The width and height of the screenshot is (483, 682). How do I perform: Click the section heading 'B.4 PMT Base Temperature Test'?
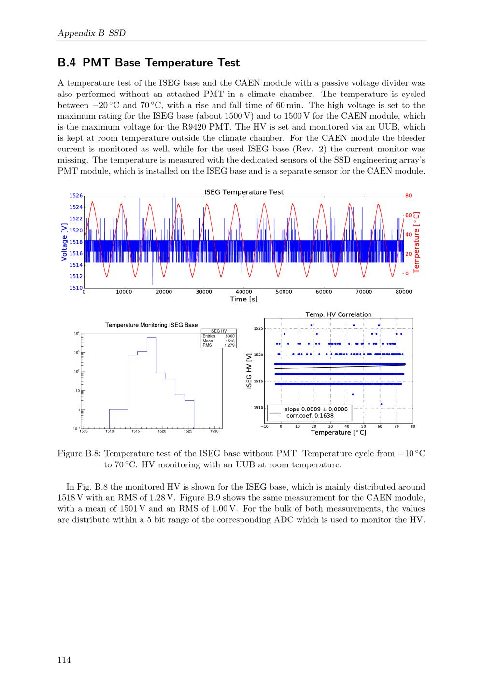pos(148,62)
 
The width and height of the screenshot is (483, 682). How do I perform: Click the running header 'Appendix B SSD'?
pos(92,33)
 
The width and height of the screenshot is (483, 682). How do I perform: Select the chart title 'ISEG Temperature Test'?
pos(243,192)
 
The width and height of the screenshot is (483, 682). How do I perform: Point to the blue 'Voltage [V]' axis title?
pos(64,242)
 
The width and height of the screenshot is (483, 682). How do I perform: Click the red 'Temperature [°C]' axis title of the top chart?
pos(416,242)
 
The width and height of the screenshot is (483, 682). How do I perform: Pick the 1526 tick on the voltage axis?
pos(76,196)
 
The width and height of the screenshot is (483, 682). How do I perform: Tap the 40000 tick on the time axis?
pos(243,292)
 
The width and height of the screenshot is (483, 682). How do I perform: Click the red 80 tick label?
pos(408,196)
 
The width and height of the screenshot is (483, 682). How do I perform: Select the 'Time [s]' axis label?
pos(243,299)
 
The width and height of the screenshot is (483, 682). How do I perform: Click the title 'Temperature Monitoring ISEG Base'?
pos(152,325)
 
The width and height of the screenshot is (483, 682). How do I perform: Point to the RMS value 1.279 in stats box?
pos(229,345)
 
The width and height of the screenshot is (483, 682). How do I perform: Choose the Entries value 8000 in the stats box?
pos(230,336)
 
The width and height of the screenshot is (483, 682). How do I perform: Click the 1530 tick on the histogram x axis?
pos(214,431)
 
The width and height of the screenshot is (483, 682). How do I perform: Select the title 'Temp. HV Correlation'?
pos(339,314)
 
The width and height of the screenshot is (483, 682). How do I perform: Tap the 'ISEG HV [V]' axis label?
pos(249,371)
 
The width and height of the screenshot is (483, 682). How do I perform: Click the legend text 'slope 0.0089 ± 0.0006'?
pos(316,409)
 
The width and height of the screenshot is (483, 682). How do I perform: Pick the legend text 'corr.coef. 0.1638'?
pos(310,416)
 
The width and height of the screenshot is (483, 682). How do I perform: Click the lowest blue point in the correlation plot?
pos(381,404)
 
